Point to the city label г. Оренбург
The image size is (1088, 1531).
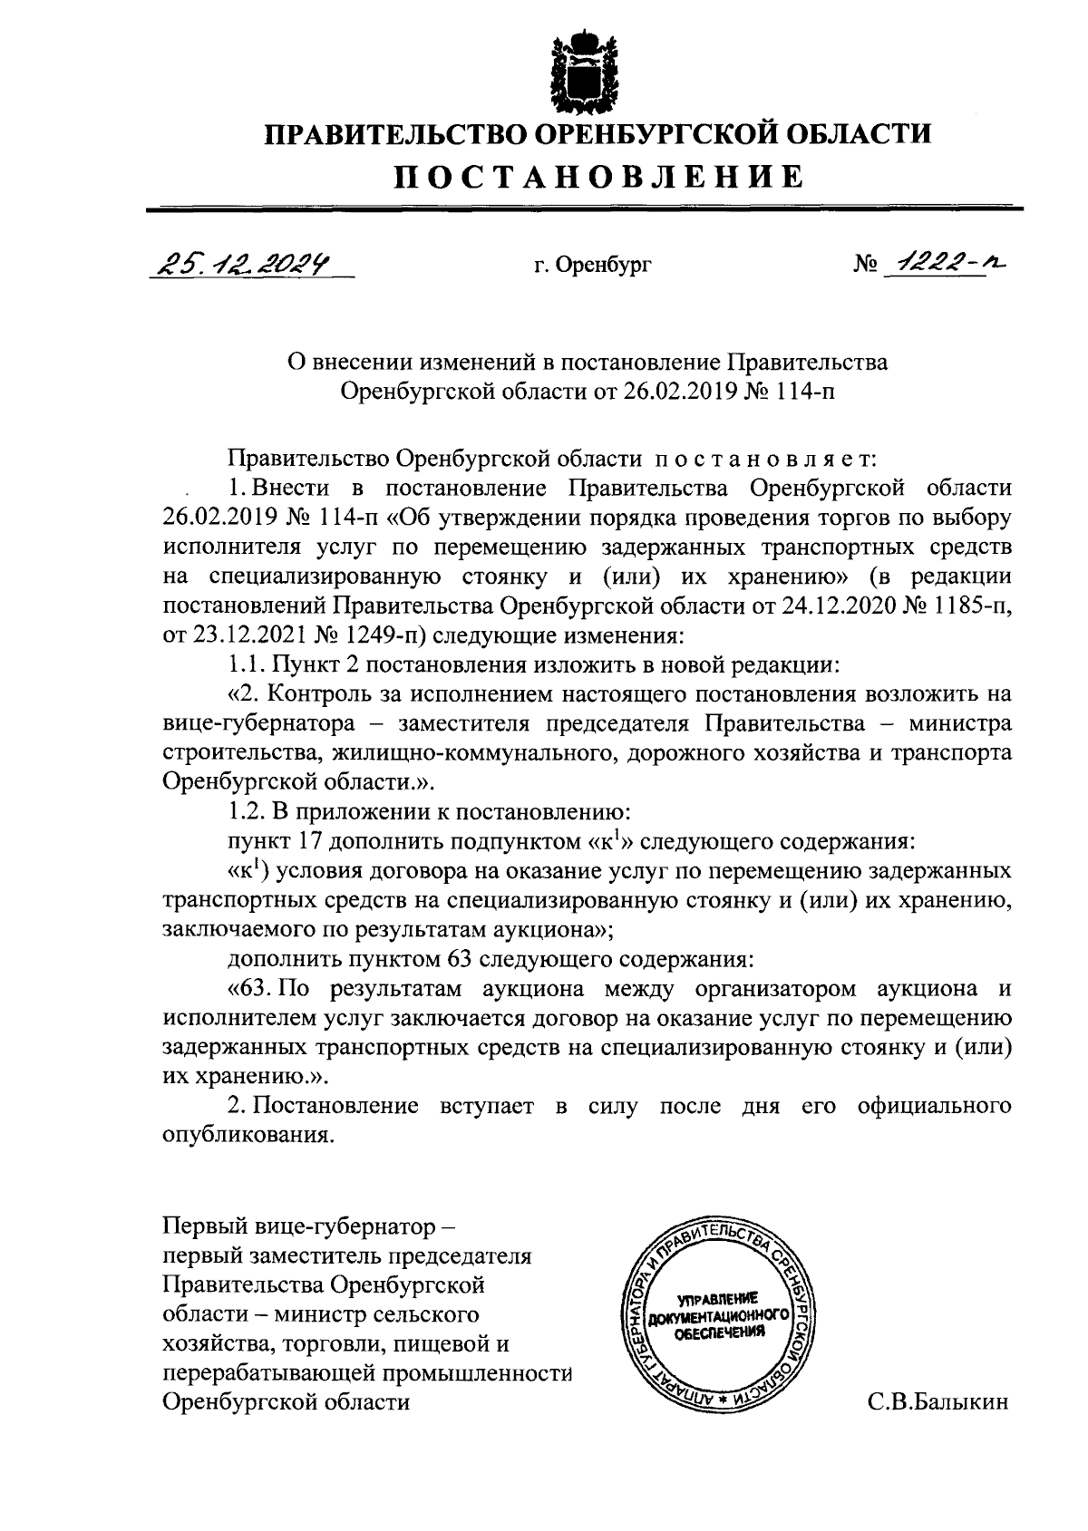click(x=591, y=266)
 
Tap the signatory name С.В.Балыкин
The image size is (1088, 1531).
click(x=937, y=1402)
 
